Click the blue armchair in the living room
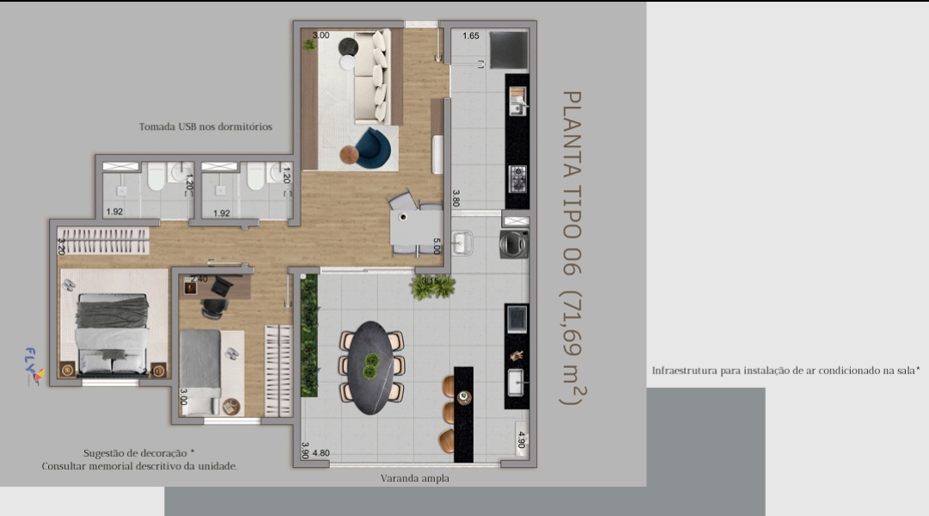point(373,148)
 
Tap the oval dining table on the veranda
point(371,368)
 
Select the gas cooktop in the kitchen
point(518,179)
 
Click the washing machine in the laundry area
point(514,243)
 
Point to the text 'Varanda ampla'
point(415,478)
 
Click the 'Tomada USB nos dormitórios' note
point(205,126)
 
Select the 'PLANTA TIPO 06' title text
point(571,183)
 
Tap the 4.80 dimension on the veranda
point(321,453)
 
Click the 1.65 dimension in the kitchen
point(471,35)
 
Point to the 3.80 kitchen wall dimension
point(455,198)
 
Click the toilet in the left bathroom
point(156,177)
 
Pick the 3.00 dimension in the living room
point(321,35)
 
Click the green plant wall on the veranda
point(309,335)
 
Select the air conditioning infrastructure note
point(785,371)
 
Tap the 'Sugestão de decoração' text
point(138,453)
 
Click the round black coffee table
point(348,46)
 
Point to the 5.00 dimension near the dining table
point(437,246)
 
